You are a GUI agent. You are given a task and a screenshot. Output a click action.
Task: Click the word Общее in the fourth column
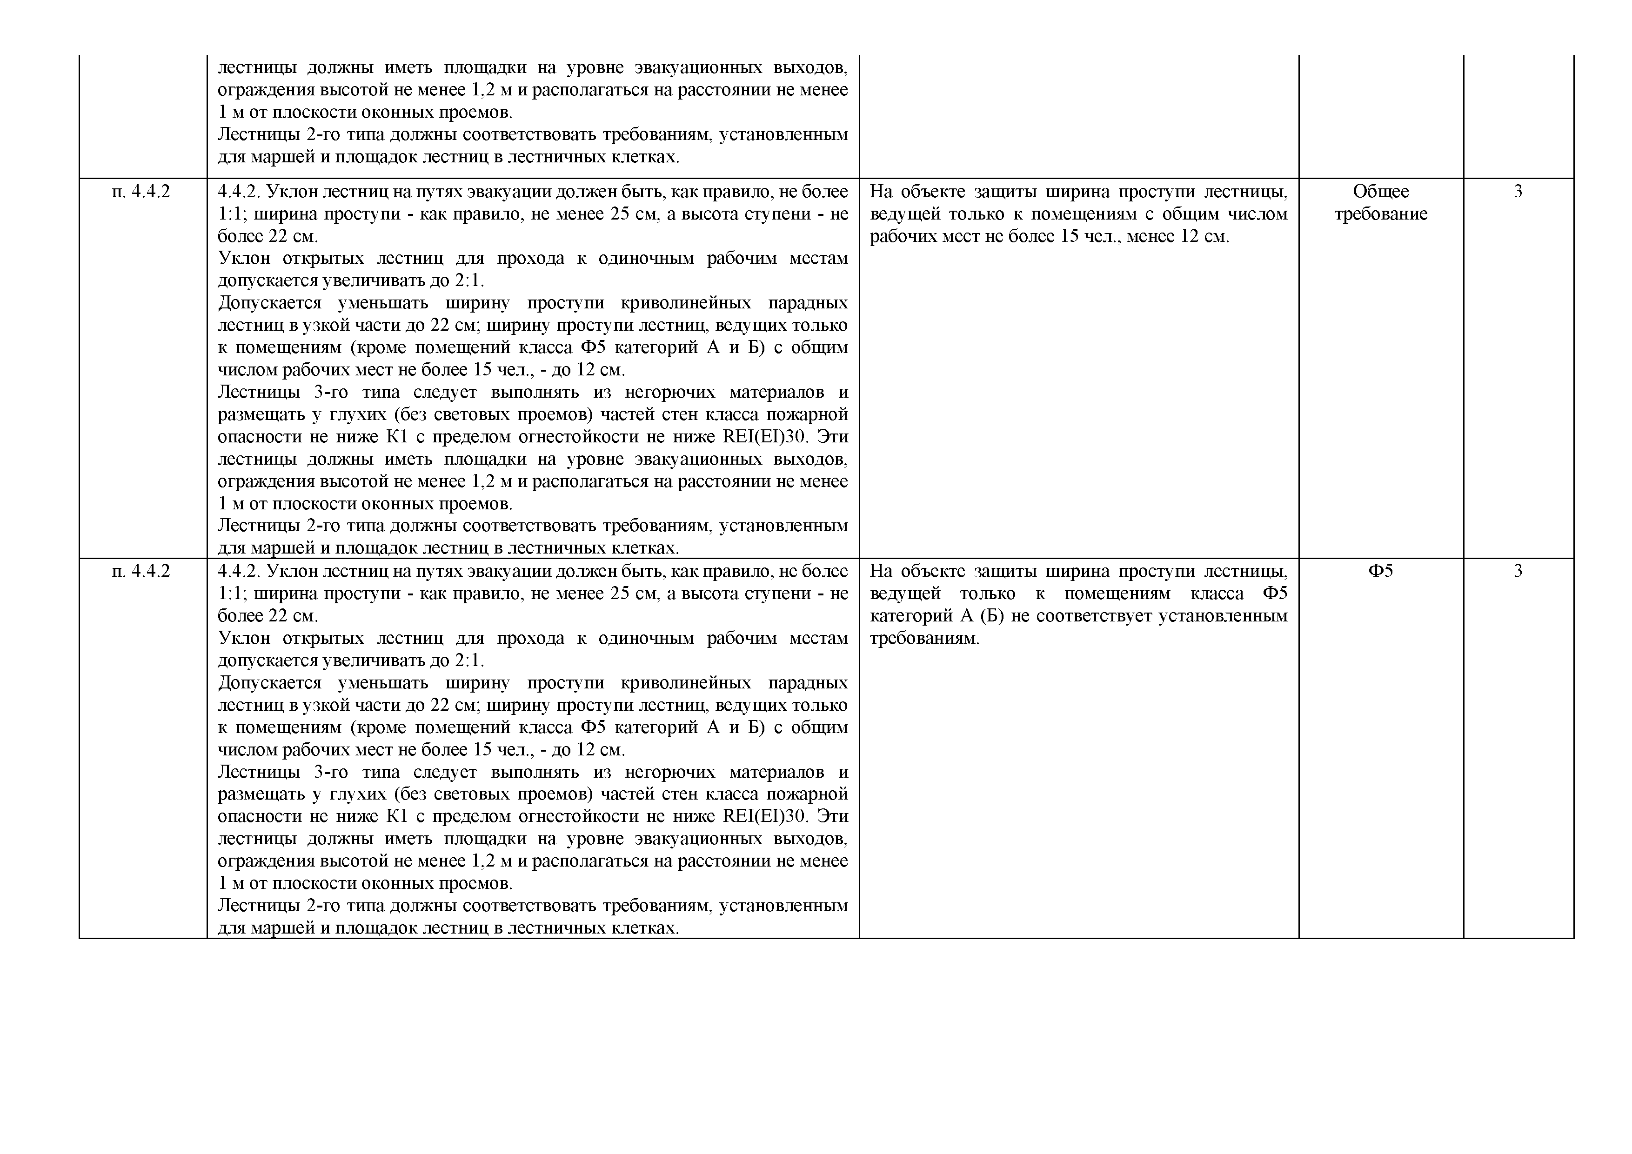tap(1380, 192)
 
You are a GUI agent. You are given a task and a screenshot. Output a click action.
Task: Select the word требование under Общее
tap(1380, 214)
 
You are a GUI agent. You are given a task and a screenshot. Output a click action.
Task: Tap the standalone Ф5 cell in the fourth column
tap(1380, 571)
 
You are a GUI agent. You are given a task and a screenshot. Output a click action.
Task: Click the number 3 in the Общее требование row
tap(1518, 192)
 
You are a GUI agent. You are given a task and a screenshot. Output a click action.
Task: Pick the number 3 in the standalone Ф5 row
tap(1518, 571)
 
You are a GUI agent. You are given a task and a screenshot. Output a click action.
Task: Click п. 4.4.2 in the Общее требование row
tap(141, 192)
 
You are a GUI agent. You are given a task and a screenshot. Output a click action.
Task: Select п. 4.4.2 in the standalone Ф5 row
tap(141, 571)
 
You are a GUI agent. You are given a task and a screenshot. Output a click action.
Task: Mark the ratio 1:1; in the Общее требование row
tap(232, 214)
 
